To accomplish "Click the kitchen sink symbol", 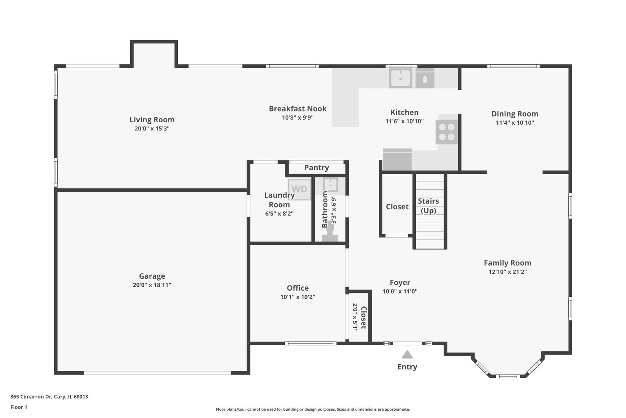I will pos(400,78).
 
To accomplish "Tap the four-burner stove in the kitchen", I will pos(447,132).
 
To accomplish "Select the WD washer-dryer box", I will pos(299,189).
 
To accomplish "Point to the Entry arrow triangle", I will pos(407,355).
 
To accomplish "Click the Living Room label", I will pos(152,120).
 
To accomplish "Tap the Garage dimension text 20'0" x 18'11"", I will pos(152,285).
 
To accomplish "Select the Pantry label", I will pos(316,168).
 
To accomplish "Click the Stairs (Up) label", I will pos(428,206).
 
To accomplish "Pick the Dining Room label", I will pos(515,114).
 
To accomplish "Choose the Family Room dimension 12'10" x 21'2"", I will pos(507,272).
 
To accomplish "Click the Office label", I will pos(298,288).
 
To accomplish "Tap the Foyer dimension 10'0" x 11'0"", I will pos(400,291).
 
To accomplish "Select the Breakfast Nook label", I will pos(298,109).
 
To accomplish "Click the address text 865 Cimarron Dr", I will pos(49,397).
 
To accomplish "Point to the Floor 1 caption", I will pos(19,407).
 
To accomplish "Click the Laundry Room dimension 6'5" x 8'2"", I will pos(279,214).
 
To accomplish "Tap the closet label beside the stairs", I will pos(397,207).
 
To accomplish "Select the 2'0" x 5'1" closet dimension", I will pos(355,317).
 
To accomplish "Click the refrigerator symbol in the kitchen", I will pos(397,159).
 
